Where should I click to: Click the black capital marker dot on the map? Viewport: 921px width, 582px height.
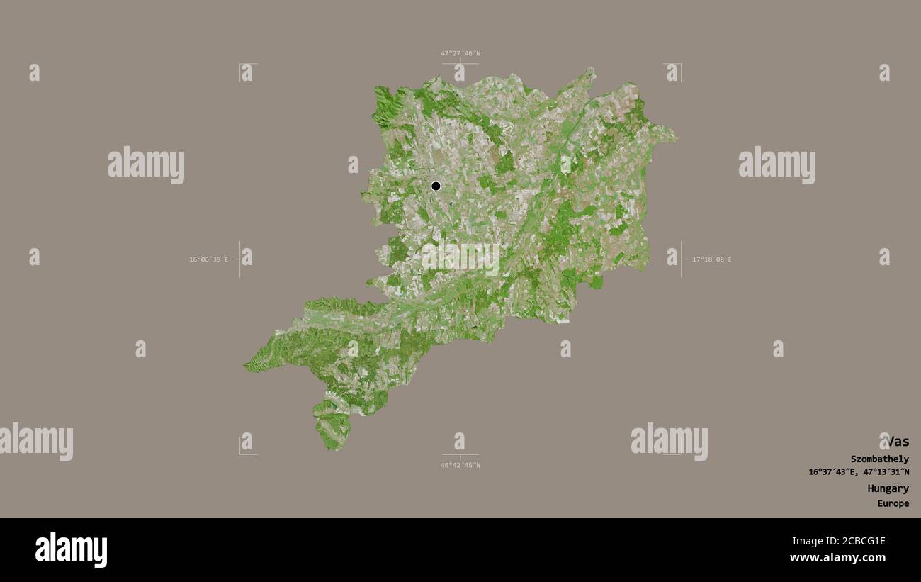[436, 186]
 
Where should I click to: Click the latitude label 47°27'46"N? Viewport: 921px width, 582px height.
[460, 53]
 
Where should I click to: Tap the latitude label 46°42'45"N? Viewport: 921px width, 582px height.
[460, 465]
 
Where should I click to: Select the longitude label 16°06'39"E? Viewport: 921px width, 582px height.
[208, 259]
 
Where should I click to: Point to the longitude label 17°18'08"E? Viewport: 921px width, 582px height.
[712, 259]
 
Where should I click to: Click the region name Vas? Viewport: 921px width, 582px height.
[896, 441]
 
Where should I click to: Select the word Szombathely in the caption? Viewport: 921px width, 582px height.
[879, 459]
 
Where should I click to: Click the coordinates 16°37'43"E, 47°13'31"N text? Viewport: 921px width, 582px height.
[858, 472]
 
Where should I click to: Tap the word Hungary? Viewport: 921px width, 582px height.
[888, 488]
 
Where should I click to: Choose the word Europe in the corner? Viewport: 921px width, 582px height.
[893, 504]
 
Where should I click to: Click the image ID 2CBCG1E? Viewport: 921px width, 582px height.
[852, 541]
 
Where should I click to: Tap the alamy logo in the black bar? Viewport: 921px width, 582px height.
[72, 549]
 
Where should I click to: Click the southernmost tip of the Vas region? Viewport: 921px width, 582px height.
[330, 449]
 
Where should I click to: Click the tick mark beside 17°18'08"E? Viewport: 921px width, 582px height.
[681, 259]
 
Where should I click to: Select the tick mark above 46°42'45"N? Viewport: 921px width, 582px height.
[460, 455]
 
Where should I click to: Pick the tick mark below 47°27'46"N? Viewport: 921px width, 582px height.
[460, 64]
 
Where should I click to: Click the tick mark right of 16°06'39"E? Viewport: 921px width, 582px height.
[239, 259]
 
